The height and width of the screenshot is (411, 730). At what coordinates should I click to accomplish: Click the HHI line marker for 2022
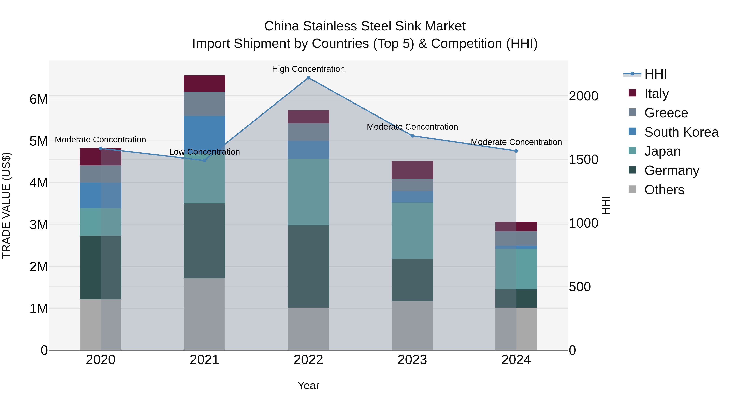pyautogui.click(x=308, y=78)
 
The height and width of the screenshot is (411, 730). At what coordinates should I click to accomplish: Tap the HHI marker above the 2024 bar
pyautogui.click(x=516, y=151)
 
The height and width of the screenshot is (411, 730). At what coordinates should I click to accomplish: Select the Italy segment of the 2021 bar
pyautogui.click(x=204, y=83)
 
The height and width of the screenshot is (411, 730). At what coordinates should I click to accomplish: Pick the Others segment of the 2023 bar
pyautogui.click(x=412, y=325)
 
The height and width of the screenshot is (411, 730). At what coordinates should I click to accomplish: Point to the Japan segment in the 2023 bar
pyautogui.click(x=412, y=230)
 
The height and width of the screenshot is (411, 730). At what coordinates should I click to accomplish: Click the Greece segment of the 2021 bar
pyautogui.click(x=204, y=104)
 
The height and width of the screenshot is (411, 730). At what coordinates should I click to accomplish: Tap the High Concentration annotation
pyautogui.click(x=308, y=69)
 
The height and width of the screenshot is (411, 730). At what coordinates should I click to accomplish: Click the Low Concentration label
pyautogui.click(x=204, y=152)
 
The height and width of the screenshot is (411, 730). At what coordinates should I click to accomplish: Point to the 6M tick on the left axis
pyautogui.click(x=39, y=99)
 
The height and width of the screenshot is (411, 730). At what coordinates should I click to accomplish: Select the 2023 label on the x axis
pyautogui.click(x=412, y=360)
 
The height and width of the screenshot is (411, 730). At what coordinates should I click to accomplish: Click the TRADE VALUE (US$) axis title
pyautogui.click(x=6, y=205)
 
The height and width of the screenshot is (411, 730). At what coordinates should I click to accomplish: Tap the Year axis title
pyautogui.click(x=308, y=385)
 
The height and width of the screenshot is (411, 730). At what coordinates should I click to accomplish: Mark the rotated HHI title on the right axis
pyautogui.click(x=605, y=205)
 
